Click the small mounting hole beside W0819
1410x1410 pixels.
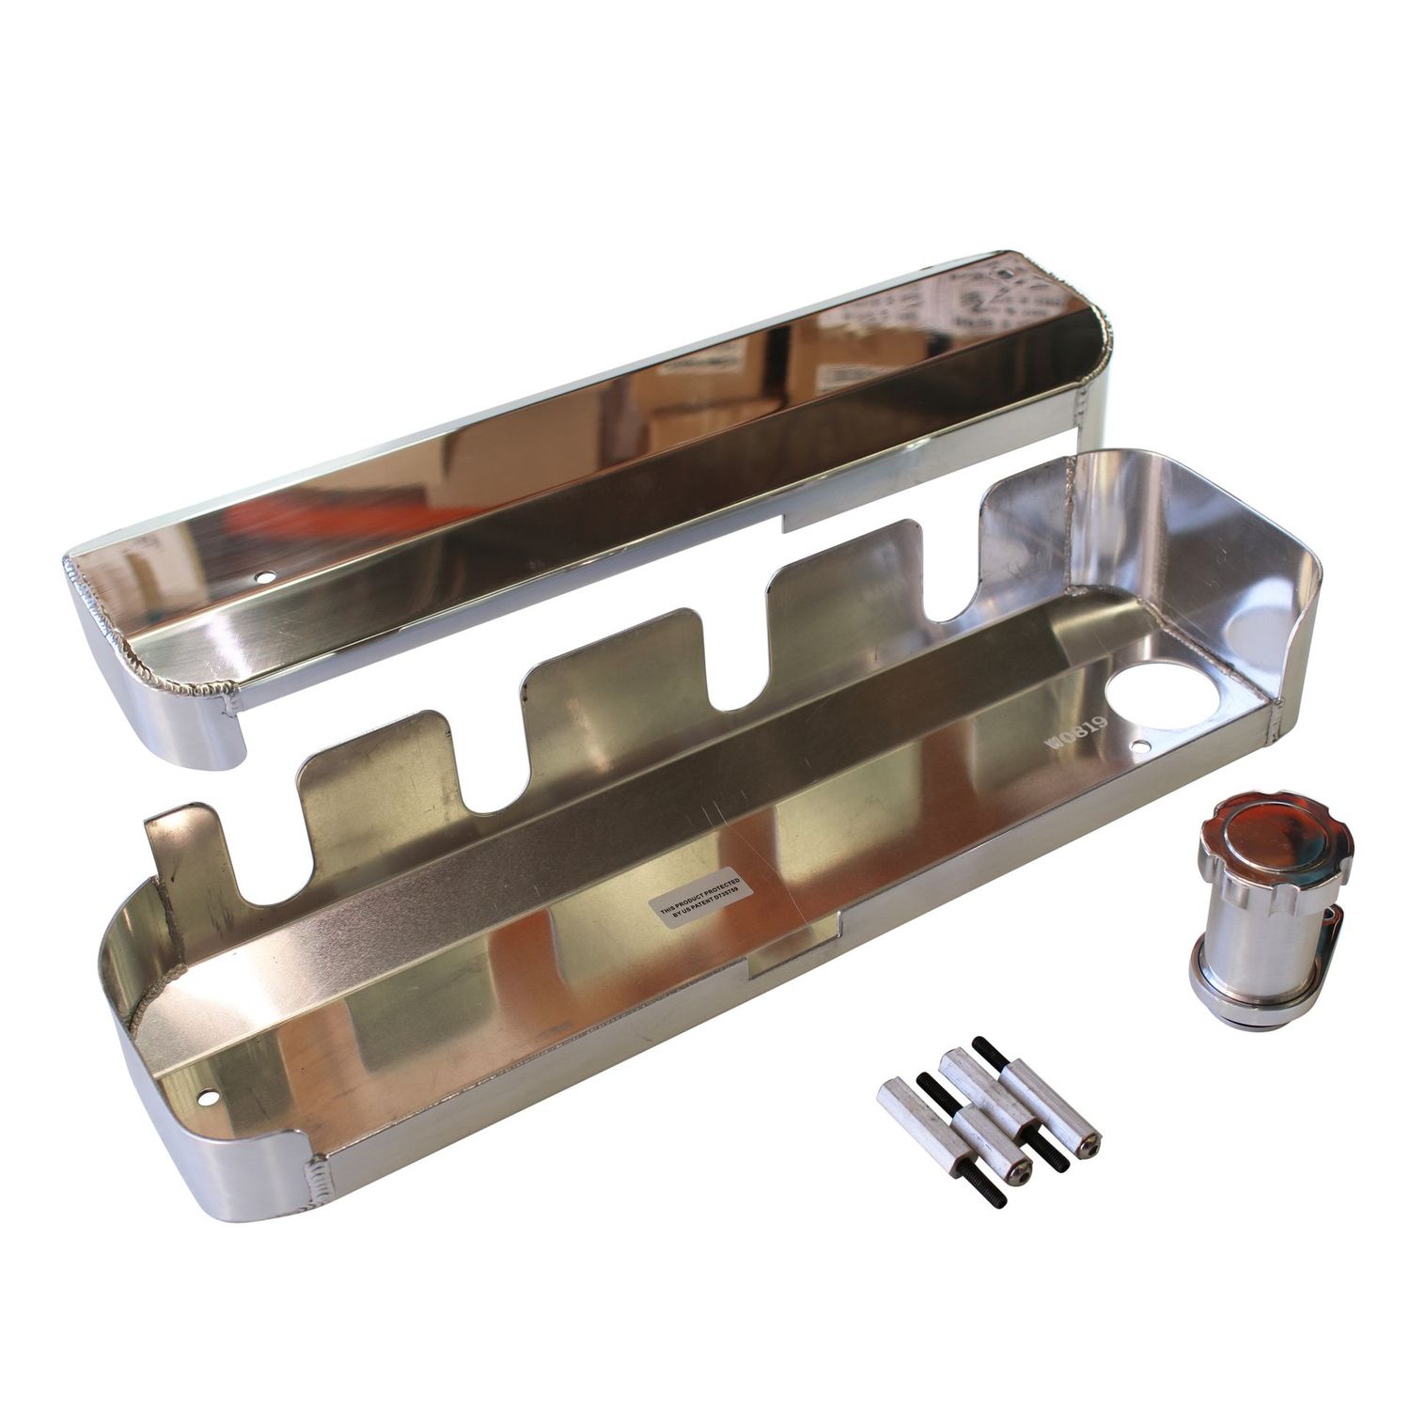(x=1142, y=747)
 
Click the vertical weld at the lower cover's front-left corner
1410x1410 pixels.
(x=316, y=1176)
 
